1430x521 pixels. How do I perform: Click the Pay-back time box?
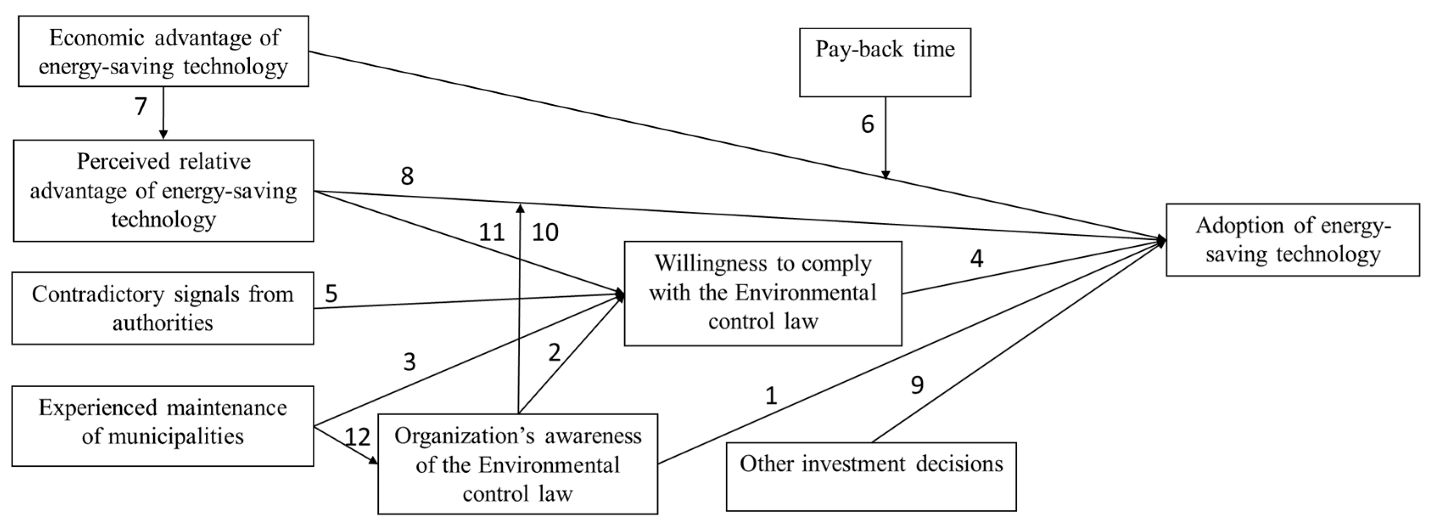click(885, 62)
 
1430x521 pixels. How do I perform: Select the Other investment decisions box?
click(871, 476)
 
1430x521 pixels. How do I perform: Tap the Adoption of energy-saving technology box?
click(1292, 240)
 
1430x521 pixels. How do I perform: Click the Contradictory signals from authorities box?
click(162, 308)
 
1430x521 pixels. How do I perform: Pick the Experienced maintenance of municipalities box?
click(162, 426)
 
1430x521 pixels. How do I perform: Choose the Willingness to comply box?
click(763, 293)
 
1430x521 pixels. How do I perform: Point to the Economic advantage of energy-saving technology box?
click(163, 51)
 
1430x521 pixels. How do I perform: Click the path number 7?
click(141, 106)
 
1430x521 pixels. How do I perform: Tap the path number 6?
click(868, 124)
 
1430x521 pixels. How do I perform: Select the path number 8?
click(407, 176)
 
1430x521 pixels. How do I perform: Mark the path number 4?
click(977, 259)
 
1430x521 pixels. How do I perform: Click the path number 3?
click(409, 362)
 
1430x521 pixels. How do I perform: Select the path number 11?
click(491, 232)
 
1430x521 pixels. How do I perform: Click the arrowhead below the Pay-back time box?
click(885, 175)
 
